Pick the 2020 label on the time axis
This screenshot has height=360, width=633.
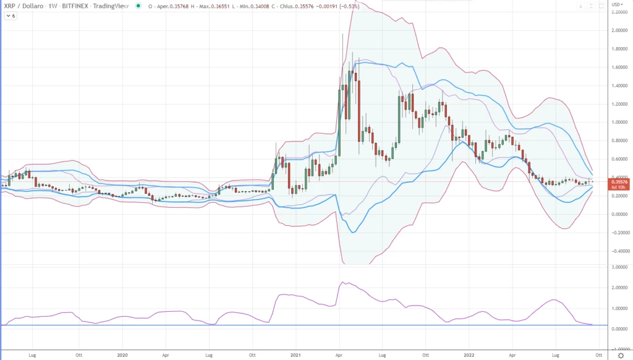(122, 355)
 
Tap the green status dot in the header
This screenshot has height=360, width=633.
(135, 6)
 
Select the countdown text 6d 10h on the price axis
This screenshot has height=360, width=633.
(618, 187)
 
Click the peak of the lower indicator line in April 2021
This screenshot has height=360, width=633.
(342, 283)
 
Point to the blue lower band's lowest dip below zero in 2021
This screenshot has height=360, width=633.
(352, 233)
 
